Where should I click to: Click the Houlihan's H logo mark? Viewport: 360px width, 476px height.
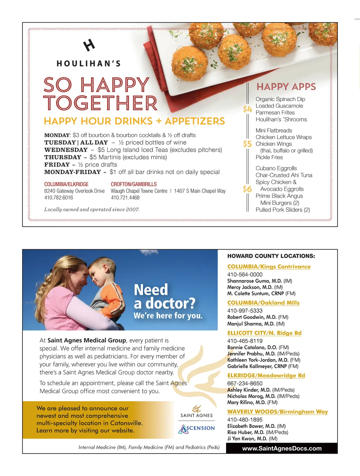pos(89,45)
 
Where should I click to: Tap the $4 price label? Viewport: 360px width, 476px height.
pos(247,109)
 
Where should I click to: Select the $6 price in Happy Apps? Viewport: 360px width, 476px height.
pos(247,189)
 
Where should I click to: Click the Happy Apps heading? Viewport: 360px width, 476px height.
pos(286,87)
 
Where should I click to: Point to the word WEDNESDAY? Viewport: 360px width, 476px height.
pos(66,150)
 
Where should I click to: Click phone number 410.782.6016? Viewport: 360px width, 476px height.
pos(59,198)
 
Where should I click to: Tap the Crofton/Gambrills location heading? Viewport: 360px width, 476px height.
pos(134,184)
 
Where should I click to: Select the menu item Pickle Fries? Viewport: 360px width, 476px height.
pos(269,157)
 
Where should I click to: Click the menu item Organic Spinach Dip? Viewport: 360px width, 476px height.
pos(280,99)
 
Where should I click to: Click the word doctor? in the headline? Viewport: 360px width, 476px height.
pos(170,303)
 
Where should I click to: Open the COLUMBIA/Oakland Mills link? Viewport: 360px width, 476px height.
pos(263,303)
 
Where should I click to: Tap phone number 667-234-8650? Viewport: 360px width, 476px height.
pos(245,383)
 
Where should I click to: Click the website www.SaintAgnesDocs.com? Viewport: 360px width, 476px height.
pos(282,448)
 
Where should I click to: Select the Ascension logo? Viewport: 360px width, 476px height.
pos(197,429)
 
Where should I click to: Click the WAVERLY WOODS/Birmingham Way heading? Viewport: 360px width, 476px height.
pos(277,412)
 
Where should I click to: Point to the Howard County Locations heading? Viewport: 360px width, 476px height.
pos(271,256)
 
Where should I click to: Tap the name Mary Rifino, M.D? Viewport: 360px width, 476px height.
pos(246,402)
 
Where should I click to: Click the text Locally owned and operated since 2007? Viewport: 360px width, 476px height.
pos(92,209)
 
